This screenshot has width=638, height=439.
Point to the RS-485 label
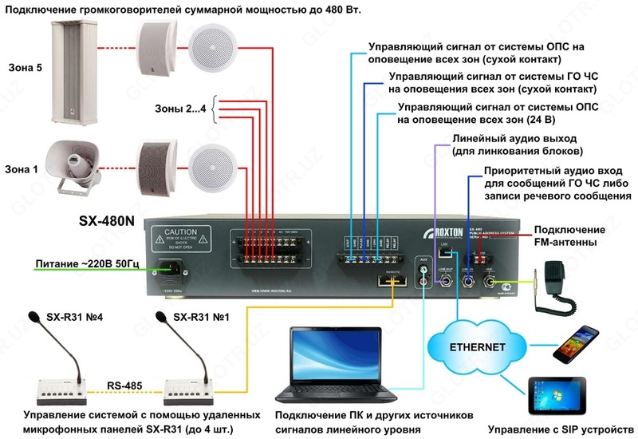coord(124,386)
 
